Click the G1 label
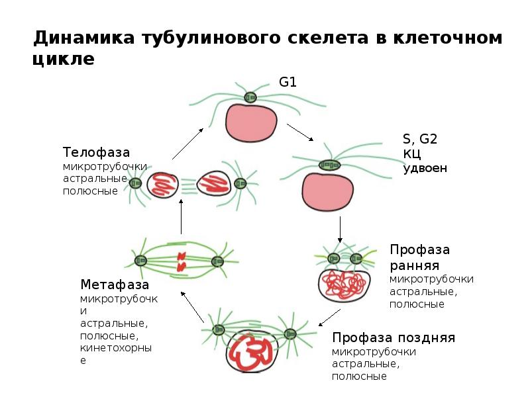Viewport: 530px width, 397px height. coord(287,83)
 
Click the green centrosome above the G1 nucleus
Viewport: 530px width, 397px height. coord(250,97)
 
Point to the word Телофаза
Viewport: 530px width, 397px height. coord(96,152)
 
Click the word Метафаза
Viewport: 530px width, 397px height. coord(114,285)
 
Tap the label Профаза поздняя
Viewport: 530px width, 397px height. coord(393,337)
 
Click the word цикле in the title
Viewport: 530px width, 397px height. coord(64,60)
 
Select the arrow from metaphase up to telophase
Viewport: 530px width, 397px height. coord(181,217)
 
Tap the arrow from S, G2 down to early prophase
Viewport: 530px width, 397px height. coord(339,228)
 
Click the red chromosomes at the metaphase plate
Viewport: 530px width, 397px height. coord(180,261)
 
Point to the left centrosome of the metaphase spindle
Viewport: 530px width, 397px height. coord(140,261)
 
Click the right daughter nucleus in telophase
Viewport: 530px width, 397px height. coord(213,183)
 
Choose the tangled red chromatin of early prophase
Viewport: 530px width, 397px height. coord(344,284)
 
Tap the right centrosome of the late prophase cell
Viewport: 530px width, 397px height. coord(290,334)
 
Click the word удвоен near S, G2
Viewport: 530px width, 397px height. coord(425,168)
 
